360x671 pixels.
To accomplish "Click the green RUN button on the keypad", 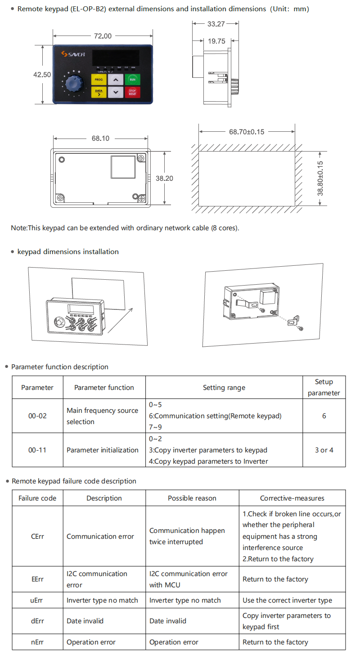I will pyautogui.click(x=132, y=80).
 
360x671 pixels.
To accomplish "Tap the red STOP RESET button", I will pyautogui.click(x=132, y=93).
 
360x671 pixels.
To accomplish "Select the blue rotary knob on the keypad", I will pyautogui.click(x=72, y=84).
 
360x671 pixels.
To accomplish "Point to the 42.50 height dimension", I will pyautogui.click(x=42, y=75).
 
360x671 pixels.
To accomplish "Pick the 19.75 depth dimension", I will pyautogui.click(x=216, y=41).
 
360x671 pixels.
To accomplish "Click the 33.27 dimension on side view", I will pyautogui.click(x=216, y=24).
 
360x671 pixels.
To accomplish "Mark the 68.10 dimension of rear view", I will pyautogui.click(x=100, y=139).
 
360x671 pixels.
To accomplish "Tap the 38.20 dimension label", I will pyautogui.click(x=164, y=179).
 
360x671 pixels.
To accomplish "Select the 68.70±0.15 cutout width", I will pyautogui.click(x=247, y=132).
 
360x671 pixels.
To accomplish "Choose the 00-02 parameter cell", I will pyautogui.click(x=37, y=416).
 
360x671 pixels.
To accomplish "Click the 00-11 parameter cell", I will pyautogui.click(x=37, y=450).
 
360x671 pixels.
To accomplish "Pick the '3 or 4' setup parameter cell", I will pyautogui.click(x=324, y=450).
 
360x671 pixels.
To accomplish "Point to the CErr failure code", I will pyautogui.click(x=37, y=537).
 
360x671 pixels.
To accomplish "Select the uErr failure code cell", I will pyautogui.click(x=37, y=600).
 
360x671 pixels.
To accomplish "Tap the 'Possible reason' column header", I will pyautogui.click(x=192, y=498).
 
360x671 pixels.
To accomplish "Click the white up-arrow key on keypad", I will pyautogui.click(x=116, y=80).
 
